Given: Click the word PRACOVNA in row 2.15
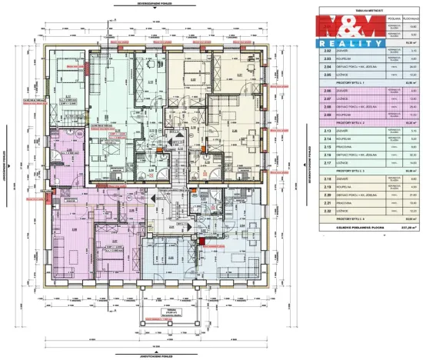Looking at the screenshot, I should (x=345, y=147).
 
